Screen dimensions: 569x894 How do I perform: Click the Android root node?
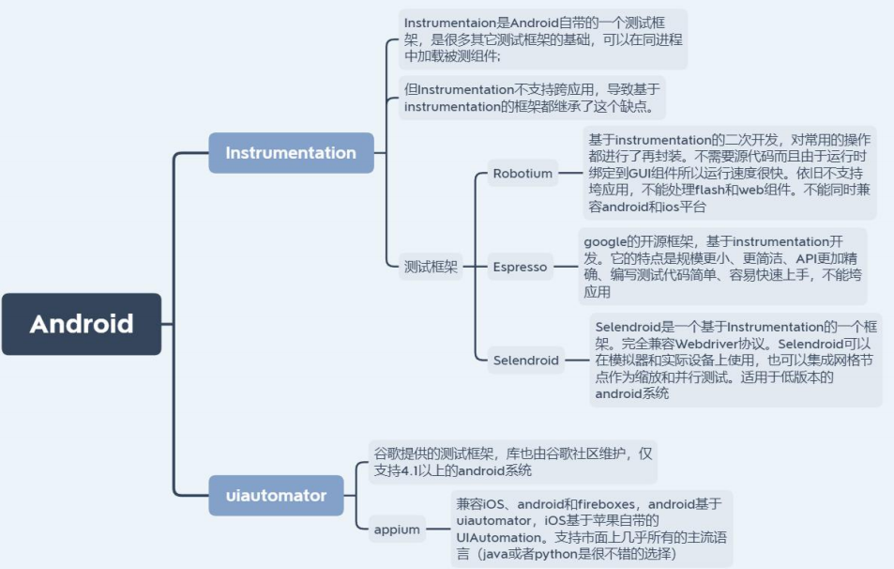pyautogui.click(x=82, y=324)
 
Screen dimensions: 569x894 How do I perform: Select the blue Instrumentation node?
pyautogui.click(x=291, y=153)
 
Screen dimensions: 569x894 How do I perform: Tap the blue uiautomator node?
pyautogui.click(x=277, y=495)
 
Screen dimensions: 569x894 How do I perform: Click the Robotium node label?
pyautogui.click(x=523, y=174)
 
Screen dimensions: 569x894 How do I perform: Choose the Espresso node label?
pyautogui.click(x=520, y=267)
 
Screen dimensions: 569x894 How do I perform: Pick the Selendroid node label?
pyautogui.click(x=525, y=360)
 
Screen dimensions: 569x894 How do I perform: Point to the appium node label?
pyautogui.click(x=396, y=529)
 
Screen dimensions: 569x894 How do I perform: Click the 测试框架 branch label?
pyautogui.click(x=432, y=267)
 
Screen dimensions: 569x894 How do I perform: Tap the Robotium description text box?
pyautogui.click(x=729, y=174)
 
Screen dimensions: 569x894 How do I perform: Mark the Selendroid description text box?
pyautogui.click(x=735, y=360)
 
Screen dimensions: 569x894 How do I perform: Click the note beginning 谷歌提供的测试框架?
pyautogui.click(x=510, y=462)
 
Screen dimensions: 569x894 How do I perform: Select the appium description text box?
pyautogui.click(x=591, y=529)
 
